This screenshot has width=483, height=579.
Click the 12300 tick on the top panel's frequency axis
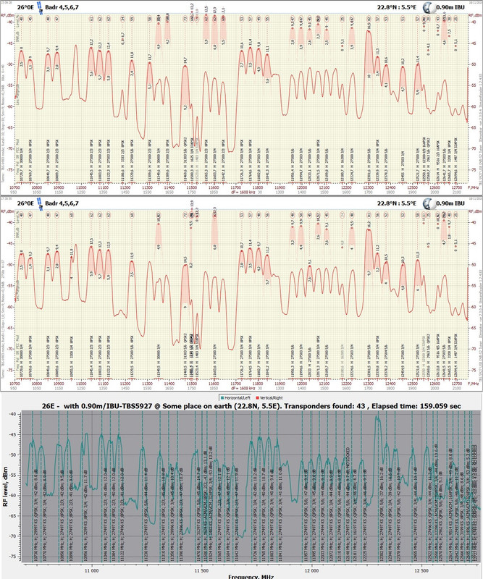(x=371, y=186)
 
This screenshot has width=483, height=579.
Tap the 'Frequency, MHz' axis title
(x=251, y=575)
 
